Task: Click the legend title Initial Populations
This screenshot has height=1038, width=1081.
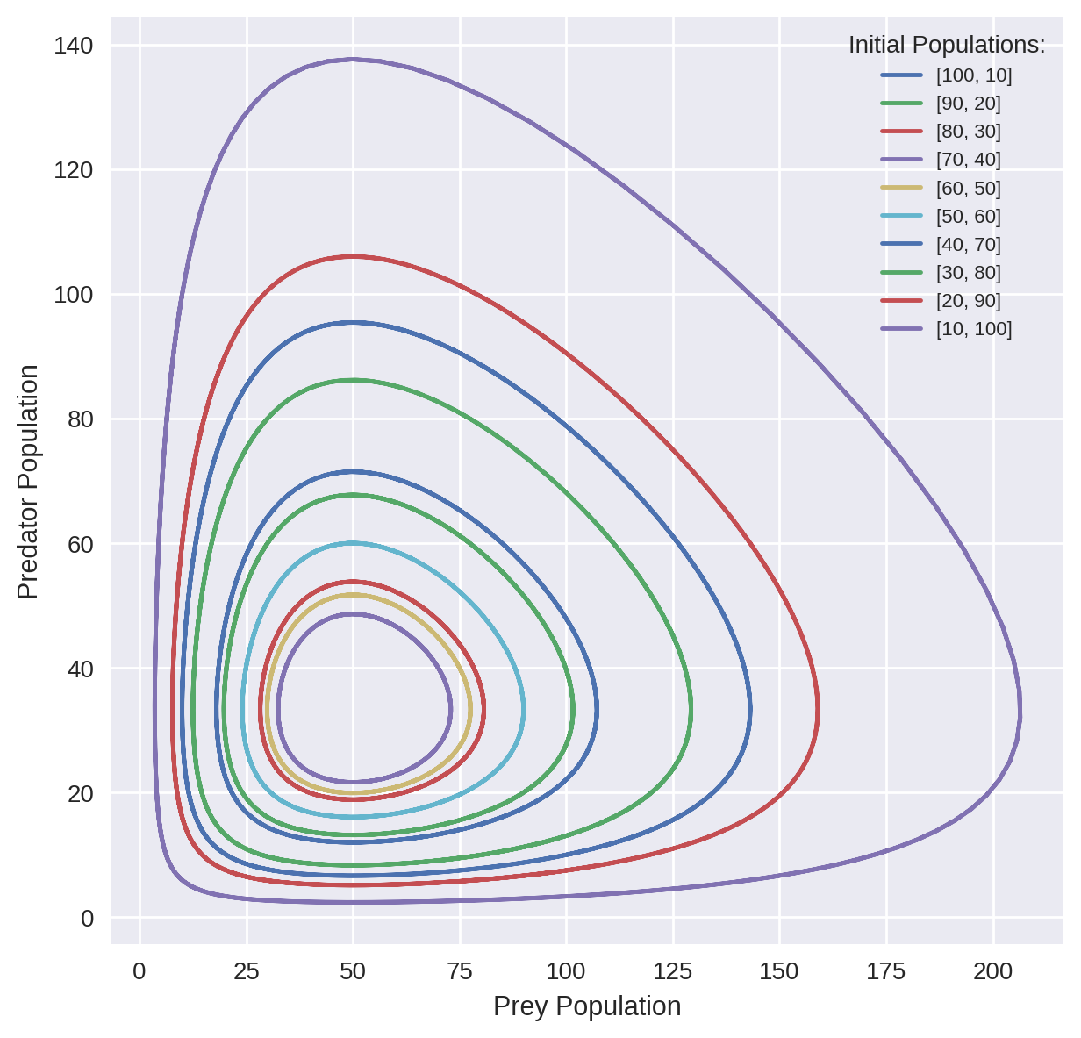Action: click(x=946, y=46)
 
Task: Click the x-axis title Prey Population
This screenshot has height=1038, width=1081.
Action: click(x=587, y=1006)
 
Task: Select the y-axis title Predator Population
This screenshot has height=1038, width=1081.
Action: click(x=29, y=482)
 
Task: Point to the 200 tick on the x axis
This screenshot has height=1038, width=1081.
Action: click(x=993, y=972)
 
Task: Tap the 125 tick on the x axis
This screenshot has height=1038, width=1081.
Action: click(x=673, y=972)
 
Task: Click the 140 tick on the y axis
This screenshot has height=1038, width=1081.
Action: click(x=74, y=46)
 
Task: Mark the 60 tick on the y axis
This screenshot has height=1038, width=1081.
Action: click(x=81, y=544)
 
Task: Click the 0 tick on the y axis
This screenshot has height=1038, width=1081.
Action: click(x=87, y=918)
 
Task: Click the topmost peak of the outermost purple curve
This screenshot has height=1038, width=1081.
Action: click(x=352, y=59)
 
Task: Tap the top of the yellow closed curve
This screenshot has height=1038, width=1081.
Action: click(x=352, y=595)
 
